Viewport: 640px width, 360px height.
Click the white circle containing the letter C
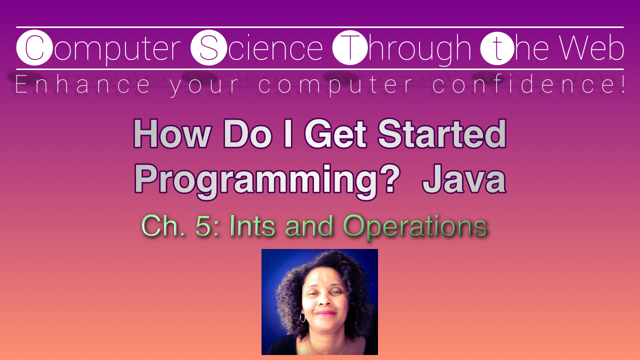[34, 48]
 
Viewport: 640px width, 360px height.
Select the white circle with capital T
[350, 48]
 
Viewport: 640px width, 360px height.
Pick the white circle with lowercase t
[497, 48]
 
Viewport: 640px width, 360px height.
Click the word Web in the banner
[591, 48]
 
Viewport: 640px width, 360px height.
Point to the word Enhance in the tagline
[82, 85]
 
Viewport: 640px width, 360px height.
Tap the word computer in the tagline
[336, 85]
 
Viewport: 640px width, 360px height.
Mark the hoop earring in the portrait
[302, 316]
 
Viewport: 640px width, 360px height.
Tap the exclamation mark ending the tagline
[621, 84]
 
